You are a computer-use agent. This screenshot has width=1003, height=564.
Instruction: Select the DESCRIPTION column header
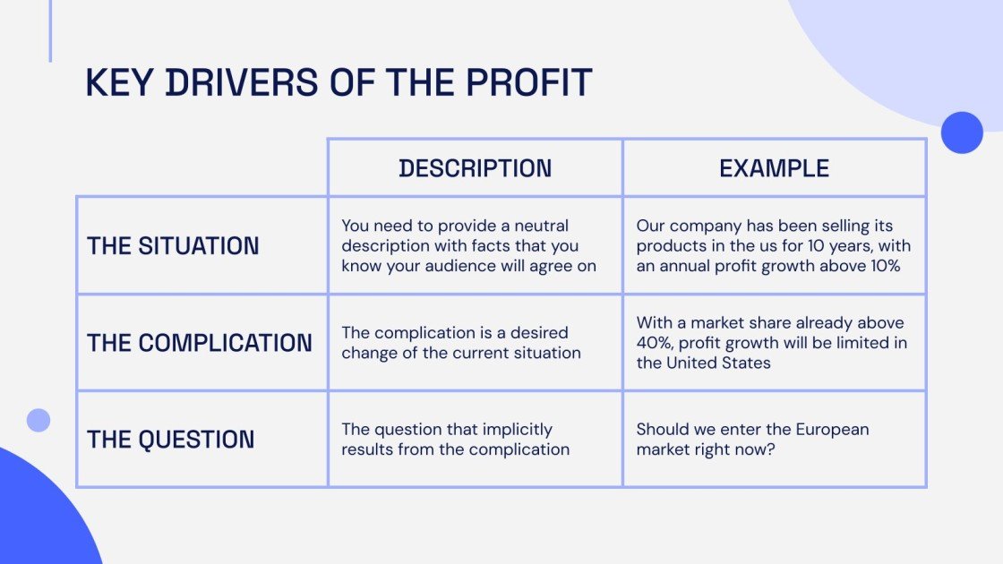(x=476, y=168)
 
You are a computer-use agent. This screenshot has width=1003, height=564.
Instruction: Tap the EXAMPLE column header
(x=774, y=168)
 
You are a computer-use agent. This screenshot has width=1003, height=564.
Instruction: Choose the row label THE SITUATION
(x=173, y=246)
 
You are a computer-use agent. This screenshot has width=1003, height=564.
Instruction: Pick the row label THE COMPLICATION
(x=200, y=343)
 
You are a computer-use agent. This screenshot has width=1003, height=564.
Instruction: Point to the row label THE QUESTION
(x=170, y=440)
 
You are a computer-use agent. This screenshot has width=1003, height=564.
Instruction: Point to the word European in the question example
(x=828, y=430)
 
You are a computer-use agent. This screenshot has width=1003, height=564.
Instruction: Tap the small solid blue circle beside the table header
(x=962, y=132)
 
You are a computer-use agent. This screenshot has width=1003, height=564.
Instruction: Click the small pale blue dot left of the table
(x=39, y=420)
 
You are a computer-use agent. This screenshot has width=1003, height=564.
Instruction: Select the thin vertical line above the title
(x=50, y=30)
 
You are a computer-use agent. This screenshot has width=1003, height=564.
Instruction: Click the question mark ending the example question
(x=771, y=449)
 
